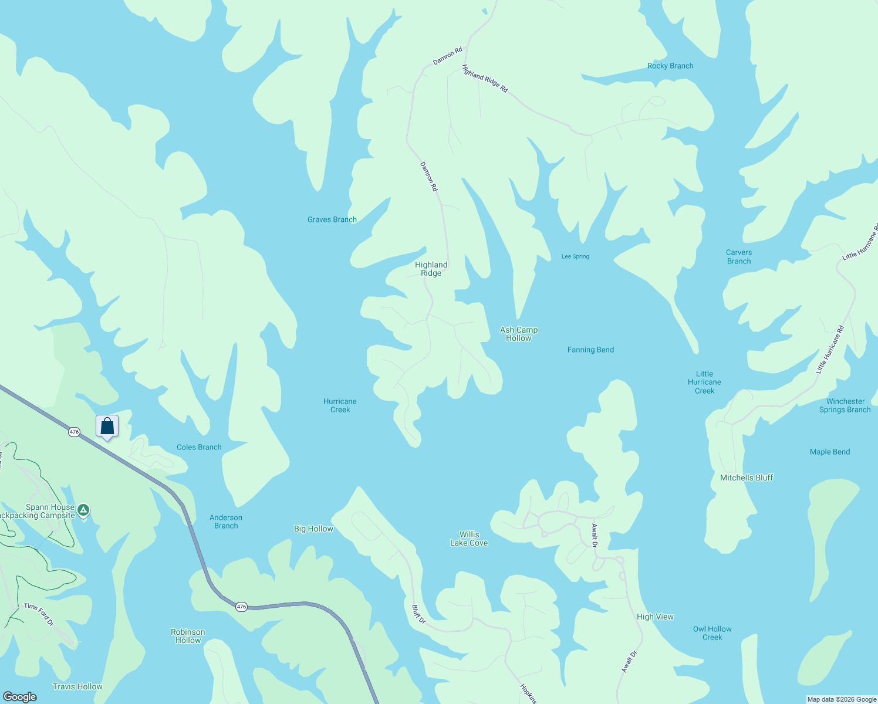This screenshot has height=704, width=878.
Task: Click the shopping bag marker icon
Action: click(107, 426)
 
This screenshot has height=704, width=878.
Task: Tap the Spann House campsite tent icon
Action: click(83, 510)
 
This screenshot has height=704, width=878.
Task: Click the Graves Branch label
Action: click(332, 219)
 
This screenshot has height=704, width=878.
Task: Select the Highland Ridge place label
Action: click(431, 269)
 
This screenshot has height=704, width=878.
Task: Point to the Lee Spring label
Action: click(575, 256)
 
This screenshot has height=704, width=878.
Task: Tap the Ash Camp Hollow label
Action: click(519, 334)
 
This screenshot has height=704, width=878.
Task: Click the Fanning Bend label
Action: click(590, 350)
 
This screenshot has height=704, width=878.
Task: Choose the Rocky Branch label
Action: click(670, 66)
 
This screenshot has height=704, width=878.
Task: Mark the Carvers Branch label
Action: click(739, 257)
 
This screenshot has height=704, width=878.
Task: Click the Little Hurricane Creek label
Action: click(704, 382)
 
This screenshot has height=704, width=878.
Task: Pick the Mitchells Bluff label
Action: click(747, 478)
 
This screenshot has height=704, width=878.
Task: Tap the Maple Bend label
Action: click(830, 452)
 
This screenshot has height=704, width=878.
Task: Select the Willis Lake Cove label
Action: click(469, 539)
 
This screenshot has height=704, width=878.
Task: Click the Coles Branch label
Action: click(199, 447)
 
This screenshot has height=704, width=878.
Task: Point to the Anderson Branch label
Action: click(226, 522)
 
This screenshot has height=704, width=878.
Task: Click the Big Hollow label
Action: click(313, 529)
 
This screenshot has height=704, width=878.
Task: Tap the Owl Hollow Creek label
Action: click(712, 633)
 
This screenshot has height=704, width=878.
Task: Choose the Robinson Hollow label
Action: click(188, 636)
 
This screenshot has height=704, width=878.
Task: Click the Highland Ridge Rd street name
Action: click(485, 79)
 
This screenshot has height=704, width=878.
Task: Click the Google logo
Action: click(20, 696)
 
